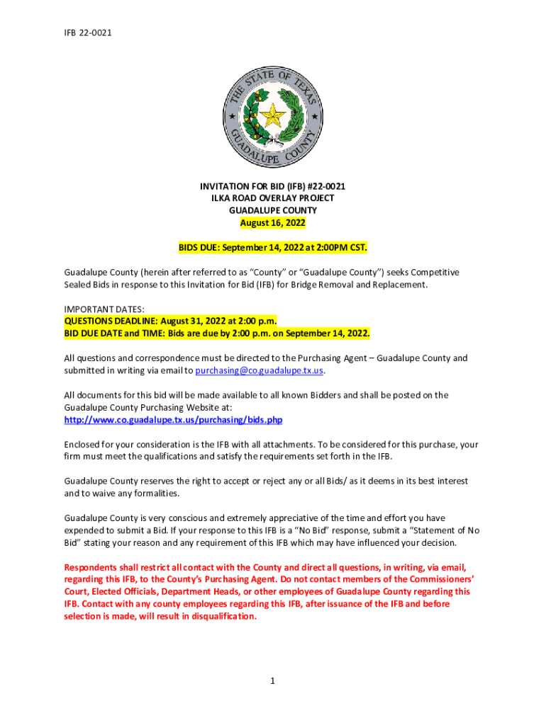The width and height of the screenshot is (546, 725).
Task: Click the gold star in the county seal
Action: (x=272, y=114)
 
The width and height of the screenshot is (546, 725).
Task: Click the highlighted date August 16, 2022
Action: (x=272, y=223)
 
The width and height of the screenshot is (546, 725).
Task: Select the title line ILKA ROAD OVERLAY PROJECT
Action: (x=272, y=198)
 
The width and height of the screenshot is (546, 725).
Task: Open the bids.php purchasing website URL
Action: (x=173, y=420)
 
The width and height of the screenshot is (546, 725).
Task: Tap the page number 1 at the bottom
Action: (x=272, y=681)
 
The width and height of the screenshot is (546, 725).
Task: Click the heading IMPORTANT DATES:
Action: (x=104, y=309)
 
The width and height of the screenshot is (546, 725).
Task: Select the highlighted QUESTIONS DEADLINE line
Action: (x=170, y=321)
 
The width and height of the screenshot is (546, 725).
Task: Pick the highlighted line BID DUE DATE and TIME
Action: (x=217, y=333)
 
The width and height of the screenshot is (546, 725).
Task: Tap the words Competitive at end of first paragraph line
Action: (x=432, y=272)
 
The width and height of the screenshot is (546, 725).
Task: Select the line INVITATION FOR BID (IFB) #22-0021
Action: (x=272, y=186)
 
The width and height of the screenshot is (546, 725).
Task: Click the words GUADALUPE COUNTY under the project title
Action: (x=272, y=210)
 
